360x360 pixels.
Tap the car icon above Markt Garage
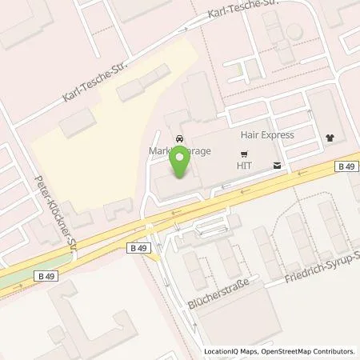(179, 137)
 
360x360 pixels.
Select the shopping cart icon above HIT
(245, 153)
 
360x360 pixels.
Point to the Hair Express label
(263, 136)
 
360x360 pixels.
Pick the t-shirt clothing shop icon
(331, 137)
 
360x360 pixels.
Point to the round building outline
(294, 31)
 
